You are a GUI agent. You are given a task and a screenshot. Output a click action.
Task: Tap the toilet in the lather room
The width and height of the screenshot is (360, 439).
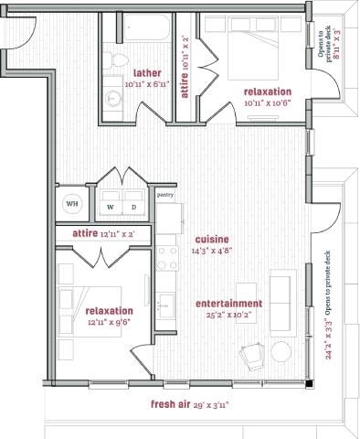coord(117,60)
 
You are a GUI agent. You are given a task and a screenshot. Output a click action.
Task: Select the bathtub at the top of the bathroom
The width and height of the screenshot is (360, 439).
coord(143,29)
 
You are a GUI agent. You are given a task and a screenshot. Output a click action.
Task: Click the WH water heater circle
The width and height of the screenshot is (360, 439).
coord(72,204)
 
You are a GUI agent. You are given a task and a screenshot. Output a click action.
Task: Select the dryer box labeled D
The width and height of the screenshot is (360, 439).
coord(134,206)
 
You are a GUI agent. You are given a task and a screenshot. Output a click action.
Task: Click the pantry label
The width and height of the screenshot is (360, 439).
coord(165,195)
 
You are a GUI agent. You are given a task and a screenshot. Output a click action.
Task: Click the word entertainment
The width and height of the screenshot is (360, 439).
coord(229,304)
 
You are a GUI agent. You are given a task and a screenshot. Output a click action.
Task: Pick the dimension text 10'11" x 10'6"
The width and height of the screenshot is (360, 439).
coord(267,103)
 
